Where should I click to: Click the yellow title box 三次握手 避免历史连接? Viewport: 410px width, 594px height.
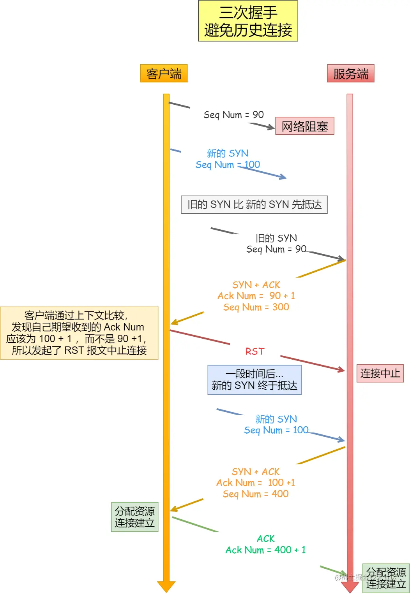(248, 21)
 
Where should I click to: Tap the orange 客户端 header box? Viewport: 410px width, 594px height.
(164, 74)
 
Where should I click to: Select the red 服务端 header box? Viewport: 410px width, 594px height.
(350, 74)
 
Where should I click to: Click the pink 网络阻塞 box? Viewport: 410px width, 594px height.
(304, 126)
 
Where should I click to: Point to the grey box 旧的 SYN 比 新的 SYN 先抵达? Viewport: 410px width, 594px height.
(254, 205)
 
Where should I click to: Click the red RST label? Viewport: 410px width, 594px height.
(255, 351)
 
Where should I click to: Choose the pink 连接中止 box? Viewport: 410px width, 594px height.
(380, 374)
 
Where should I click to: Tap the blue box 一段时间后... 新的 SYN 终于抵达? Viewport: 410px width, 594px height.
(254, 380)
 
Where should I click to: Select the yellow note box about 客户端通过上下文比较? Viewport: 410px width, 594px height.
(79, 333)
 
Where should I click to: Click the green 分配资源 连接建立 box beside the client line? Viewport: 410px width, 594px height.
(134, 517)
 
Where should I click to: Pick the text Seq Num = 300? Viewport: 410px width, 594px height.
(256, 307)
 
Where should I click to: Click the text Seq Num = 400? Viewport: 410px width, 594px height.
(256, 494)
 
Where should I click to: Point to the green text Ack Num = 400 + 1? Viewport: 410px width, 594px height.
(265, 550)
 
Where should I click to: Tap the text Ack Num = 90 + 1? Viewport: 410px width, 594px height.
(256, 296)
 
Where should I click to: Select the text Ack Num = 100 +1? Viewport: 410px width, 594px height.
(256, 483)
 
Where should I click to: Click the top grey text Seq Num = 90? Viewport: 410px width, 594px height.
(233, 115)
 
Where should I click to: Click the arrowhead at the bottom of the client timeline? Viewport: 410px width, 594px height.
(166, 586)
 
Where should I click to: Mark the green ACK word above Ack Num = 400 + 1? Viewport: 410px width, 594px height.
(266, 539)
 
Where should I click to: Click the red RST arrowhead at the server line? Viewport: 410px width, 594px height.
(341, 369)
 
